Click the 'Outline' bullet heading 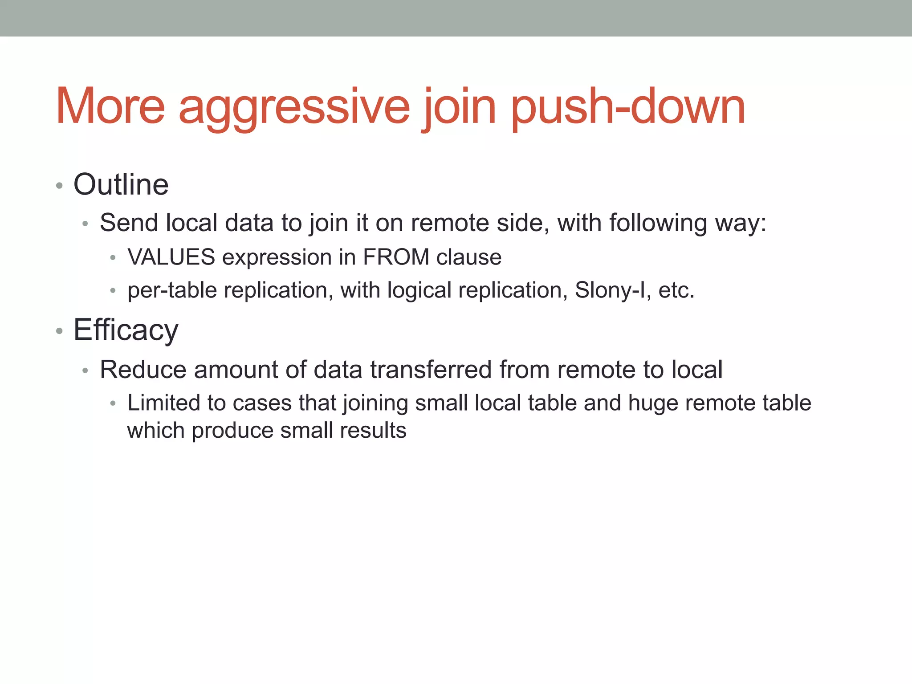pos(121,184)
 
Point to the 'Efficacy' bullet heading pos(126,330)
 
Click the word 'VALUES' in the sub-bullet pos(171,257)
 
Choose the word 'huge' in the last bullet pos(653,403)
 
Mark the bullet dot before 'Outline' pos(59,185)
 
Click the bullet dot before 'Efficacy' pos(59,331)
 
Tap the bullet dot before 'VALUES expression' pos(113,258)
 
